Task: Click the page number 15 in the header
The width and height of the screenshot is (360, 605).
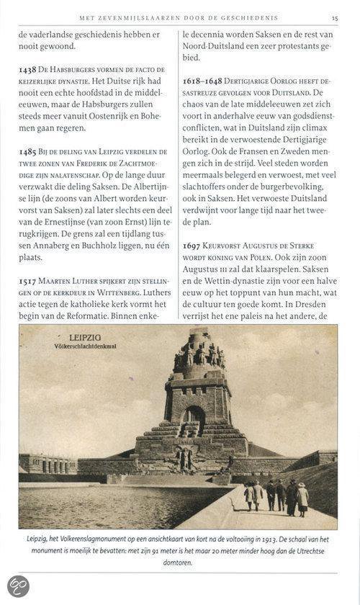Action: click(x=335, y=17)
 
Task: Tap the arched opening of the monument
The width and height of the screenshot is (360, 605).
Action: click(x=193, y=418)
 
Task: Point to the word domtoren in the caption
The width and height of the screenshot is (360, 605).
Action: click(x=178, y=563)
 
